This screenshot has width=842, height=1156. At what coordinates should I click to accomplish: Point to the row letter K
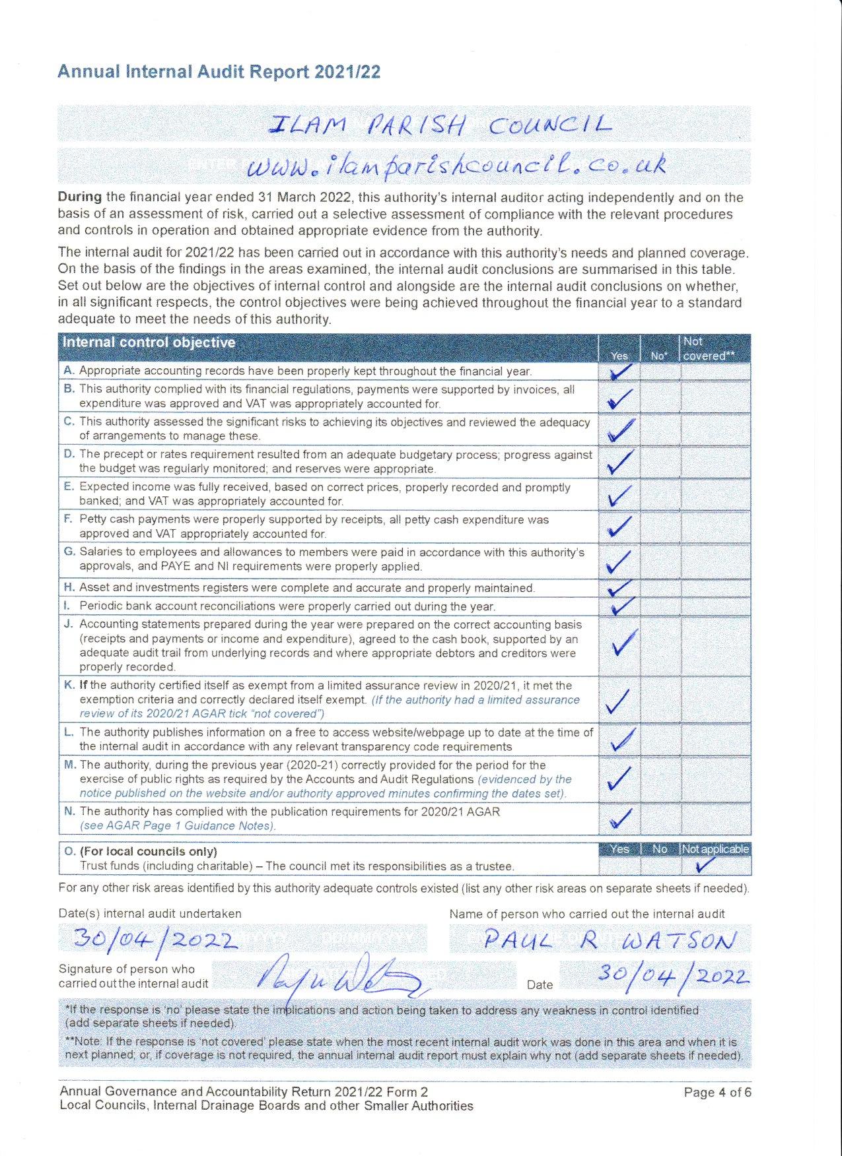coord(69,686)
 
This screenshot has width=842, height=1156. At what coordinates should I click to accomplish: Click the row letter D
coord(69,454)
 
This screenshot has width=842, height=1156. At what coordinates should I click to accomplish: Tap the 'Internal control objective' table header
coord(149,343)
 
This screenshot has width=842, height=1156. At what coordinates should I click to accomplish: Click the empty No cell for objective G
coord(660,560)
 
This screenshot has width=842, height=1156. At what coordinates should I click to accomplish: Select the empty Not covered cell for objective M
coord(715,779)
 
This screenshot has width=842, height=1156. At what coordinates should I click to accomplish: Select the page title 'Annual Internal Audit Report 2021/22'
coord(219,72)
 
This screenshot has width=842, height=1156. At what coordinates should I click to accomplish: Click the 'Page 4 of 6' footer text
coord(717,1092)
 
